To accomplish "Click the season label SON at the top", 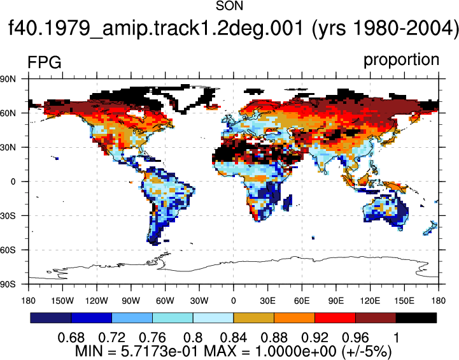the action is [x=229, y=6].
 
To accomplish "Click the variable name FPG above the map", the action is [x=44, y=62].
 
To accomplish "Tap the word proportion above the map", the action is [x=401, y=60].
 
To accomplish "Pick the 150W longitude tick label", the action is [x=62, y=301].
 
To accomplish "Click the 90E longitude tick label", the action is [x=336, y=301].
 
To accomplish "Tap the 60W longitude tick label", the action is [x=165, y=301].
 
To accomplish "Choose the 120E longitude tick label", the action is [x=371, y=301].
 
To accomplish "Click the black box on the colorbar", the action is [x=416, y=318].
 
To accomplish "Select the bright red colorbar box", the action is [x=335, y=318].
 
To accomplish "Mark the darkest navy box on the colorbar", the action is [x=51, y=318].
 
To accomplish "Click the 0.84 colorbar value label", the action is [x=233, y=338].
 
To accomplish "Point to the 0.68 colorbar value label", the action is [x=71, y=338].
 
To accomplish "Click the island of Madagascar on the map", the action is [x=287, y=203].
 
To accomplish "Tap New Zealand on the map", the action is [x=430, y=229].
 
